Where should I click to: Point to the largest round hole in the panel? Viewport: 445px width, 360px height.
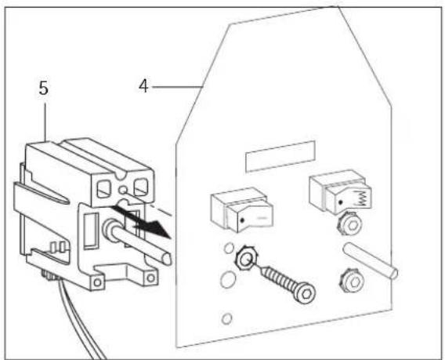[225, 279]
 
